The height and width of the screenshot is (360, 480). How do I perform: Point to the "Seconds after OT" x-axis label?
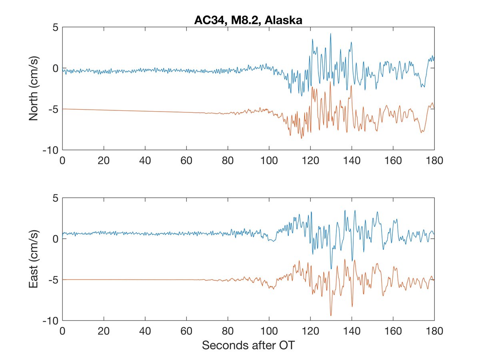point(248,345)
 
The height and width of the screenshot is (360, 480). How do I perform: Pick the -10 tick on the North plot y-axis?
point(50,150)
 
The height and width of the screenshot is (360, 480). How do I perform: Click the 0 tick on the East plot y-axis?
point(55,239)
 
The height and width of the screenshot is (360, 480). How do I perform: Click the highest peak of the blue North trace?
point(330,34)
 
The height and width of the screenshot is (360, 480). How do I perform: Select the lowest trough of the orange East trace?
point(331,315)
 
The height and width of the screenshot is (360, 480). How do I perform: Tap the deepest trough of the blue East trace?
point(331,268)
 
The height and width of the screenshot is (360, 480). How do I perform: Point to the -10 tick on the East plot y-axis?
point(50,320)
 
